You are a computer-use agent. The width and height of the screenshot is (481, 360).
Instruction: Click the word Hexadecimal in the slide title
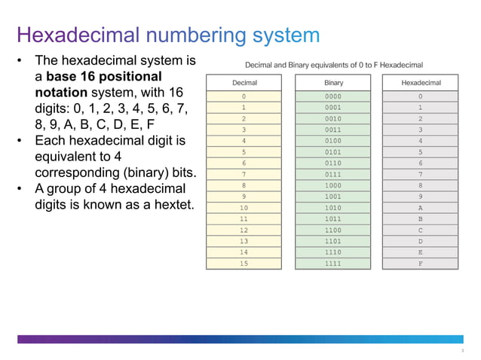point(78,35)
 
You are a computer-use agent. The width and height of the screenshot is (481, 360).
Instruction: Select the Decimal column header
point(244,83)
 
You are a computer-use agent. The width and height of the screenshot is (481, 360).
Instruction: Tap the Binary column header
point(333,83)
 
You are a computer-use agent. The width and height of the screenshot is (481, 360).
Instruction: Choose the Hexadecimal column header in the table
point(421,83)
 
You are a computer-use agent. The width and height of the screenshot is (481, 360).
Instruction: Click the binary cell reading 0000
point(333,96)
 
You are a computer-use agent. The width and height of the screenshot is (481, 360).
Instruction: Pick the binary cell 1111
point(333,264)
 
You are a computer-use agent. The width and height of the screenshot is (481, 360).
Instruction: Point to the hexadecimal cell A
point(421,208)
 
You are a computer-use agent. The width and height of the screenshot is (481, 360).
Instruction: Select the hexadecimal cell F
point(421,264)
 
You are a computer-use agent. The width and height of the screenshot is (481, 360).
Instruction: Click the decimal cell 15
point(244,264)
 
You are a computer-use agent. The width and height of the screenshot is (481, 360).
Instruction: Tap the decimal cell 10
point(244,208)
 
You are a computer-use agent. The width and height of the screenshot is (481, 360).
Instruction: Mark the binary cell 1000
point(333,185)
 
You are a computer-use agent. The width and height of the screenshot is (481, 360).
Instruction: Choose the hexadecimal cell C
point(421,230)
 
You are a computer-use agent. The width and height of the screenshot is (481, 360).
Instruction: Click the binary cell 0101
point(333,152)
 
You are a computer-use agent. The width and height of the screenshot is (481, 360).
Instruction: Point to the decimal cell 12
point(244,230)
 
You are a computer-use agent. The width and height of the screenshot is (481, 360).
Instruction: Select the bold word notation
point(63,93)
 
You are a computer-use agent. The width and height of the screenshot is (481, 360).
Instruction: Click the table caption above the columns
point(334,65)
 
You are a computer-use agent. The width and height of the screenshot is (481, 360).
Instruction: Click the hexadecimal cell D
point(421,241)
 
